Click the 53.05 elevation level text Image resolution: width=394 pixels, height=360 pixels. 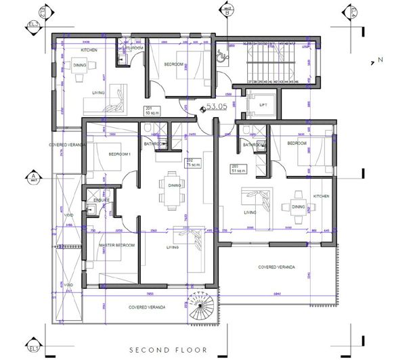(x=217, y=106)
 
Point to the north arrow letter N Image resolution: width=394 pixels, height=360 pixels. (x=372, y=62)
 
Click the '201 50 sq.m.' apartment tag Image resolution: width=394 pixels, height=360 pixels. (x=150, y=110)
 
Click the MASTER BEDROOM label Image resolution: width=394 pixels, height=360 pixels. (x=116, y=244)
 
